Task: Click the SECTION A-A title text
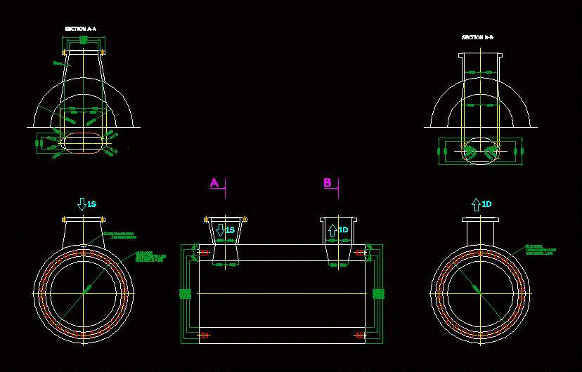tap(81, 29)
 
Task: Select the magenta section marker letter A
tap(215, 183)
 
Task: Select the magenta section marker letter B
tap(328, 183)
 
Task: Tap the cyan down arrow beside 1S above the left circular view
tap(82, 204)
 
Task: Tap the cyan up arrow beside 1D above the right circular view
tap(476, 204)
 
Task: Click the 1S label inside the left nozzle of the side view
tap(230, 230)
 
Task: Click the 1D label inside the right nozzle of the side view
tap(343, 230)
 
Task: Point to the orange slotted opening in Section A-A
tap(84, 139)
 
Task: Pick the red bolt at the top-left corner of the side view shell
tap(204, 251)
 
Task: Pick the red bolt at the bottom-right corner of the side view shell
tap(361, 336)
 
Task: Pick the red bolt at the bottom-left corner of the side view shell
tap(204, 336)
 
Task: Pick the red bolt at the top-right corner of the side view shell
tap(361, 251)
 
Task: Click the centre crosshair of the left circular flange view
tap(83, 293)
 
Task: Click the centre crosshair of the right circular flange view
tap(479, 293)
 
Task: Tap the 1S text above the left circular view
tap(91, 204)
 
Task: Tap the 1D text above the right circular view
tap(486, 204)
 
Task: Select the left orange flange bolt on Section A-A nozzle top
tap(65, 52)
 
